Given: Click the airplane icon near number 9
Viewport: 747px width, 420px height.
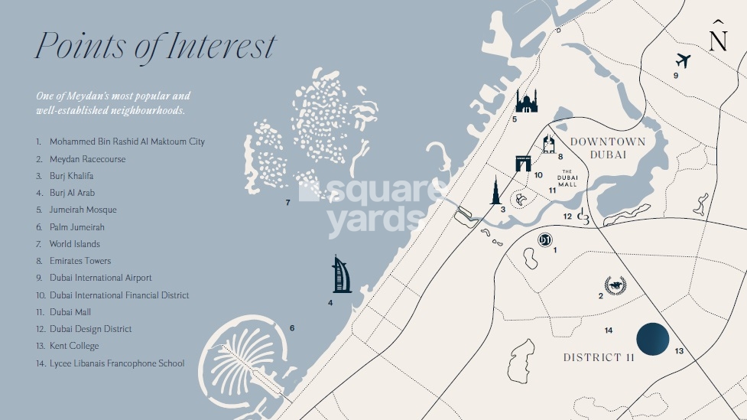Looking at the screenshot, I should tap(684, 60).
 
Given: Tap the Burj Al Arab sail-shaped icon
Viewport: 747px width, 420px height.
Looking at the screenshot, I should tap(342, 275).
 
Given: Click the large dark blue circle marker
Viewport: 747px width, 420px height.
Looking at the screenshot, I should tap(653, 339).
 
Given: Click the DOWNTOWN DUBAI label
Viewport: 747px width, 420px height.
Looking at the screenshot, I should tap(608, 148).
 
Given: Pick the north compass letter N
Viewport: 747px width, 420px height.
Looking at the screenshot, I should tap(718, 40).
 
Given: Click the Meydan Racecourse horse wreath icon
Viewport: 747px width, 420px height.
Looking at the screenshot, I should tap(615, 285).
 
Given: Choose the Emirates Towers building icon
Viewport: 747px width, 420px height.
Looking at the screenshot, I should tap(548, 144).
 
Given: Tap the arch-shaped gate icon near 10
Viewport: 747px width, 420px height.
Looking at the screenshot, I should tap(523, 163).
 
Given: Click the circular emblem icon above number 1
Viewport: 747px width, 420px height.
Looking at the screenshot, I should tap(545, 239).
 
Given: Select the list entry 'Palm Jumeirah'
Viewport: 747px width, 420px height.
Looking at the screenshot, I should tap(77, 227).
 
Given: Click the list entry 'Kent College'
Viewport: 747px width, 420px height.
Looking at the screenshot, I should tap(74, 346).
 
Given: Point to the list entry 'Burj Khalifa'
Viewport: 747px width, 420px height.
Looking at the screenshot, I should tap(72, 176).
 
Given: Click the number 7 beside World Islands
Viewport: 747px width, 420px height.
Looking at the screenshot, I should tap(287, 203).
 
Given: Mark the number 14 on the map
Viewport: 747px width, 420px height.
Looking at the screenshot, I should tap(609, 330).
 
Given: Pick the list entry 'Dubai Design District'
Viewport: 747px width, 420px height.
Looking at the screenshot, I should tap(90, 329).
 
